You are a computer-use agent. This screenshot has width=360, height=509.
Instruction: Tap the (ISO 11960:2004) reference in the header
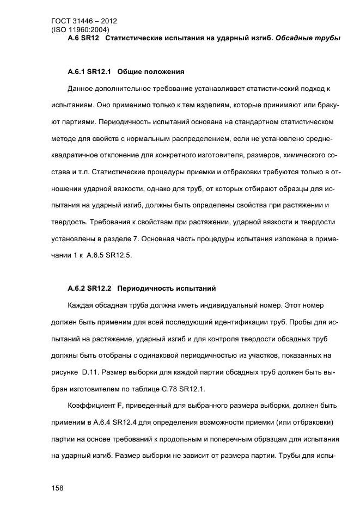click(x=80, y=30)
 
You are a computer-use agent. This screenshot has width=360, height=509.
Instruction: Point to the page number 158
click(x=57, y=488)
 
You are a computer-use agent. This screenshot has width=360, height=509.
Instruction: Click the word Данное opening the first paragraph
click(x=82, y=88)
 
